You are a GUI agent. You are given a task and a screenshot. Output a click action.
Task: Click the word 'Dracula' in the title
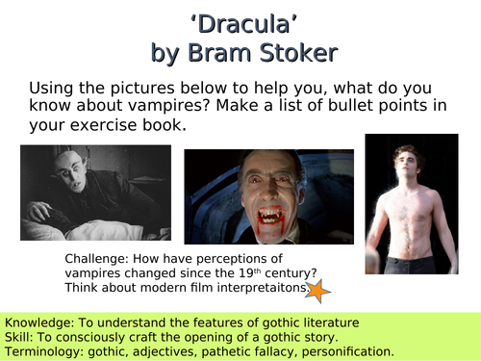point(240,21)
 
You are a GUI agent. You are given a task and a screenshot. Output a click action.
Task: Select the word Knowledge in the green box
point(42,321)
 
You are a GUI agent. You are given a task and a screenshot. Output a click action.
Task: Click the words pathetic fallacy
point(244,351)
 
